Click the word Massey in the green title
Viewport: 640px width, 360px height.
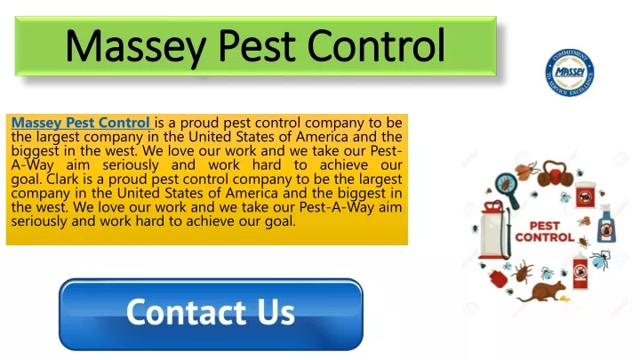tap(135, 46)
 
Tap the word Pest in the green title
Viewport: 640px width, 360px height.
tap(256, 45)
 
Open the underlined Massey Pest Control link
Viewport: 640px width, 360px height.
tap(81, 123)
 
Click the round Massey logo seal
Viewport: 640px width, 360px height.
tap(570, 73)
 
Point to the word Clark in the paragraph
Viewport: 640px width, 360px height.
tap(62, 179)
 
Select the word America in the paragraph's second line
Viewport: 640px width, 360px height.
tap(322, 136)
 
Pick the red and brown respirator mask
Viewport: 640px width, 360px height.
tap(555, 173)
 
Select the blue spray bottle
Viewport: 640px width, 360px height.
tap(606, 224)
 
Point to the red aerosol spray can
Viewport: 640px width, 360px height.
tap(580, 270)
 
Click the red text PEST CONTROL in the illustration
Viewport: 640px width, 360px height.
tap(545, 231)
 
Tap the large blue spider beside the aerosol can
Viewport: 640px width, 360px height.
tap(600, 260)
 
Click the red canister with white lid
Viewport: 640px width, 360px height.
tap(585, 195)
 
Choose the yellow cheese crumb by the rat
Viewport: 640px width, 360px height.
tap(564, 299)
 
